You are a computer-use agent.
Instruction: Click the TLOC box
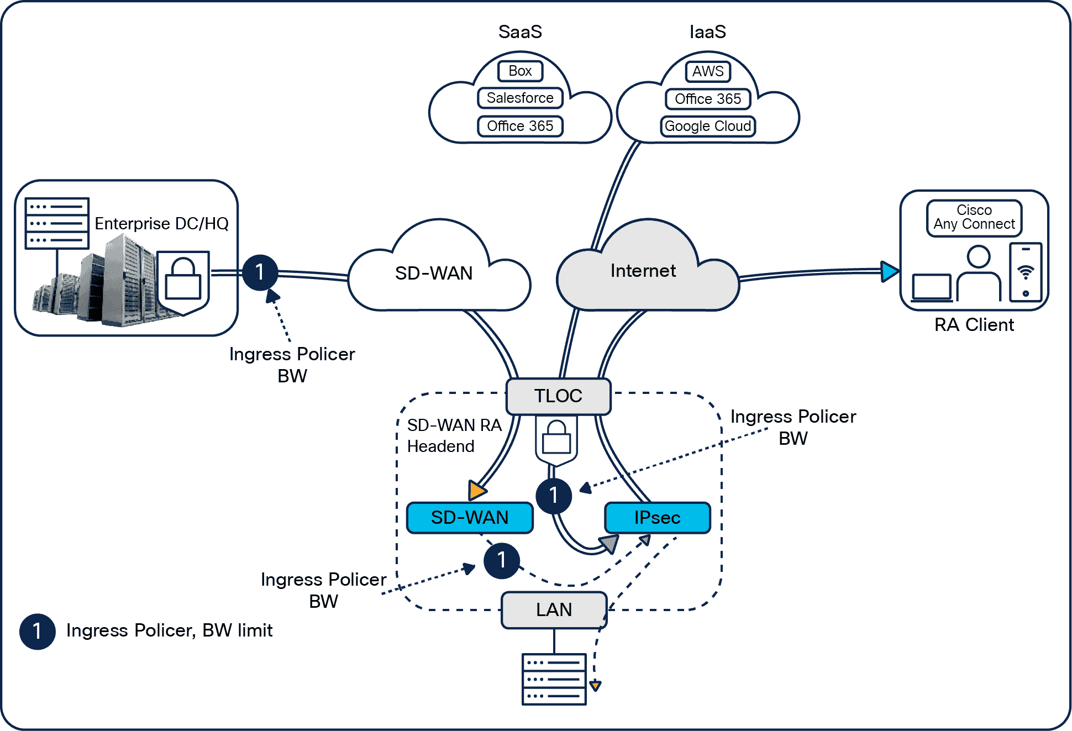click(x=558, y=396)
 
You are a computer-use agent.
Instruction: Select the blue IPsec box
click(x=657, y=518)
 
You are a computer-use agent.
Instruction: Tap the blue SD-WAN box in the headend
click(x=470, y=518)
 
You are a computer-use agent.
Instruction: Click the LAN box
click(x=554, y=610)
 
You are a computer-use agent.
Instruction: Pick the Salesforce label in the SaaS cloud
click(x=520, y=98)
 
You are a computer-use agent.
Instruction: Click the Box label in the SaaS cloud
click(x=520, y=71)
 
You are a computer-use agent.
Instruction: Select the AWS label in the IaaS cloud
click(x=707, y=71)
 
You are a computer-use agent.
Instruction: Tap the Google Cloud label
click(x=707, y=126)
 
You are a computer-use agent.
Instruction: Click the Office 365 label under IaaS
click(x=707, y=99)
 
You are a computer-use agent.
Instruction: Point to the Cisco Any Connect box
click(x=974, y=218)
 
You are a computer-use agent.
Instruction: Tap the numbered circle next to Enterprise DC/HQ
click(x=260, y=272)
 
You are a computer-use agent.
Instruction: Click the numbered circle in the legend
click(x=37, y=631)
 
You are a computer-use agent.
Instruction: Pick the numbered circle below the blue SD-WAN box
click(x=501, y=560)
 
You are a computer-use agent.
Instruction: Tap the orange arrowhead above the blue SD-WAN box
click(x=476, y=490)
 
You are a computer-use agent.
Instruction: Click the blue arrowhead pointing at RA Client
click(x=889, y=271)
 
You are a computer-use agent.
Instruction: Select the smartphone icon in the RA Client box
click(x=1025, y=272)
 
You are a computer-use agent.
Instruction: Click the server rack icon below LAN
click(x=554, y=679)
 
